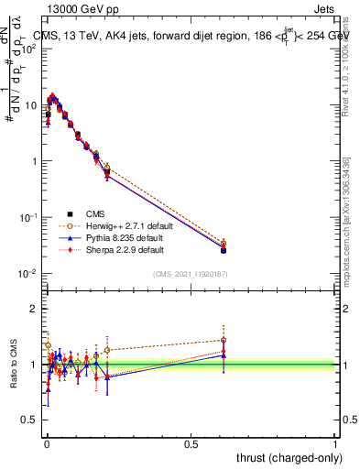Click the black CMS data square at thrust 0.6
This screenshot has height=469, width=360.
tap(224, 250)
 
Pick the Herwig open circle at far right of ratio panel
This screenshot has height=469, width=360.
tap(224, 340)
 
